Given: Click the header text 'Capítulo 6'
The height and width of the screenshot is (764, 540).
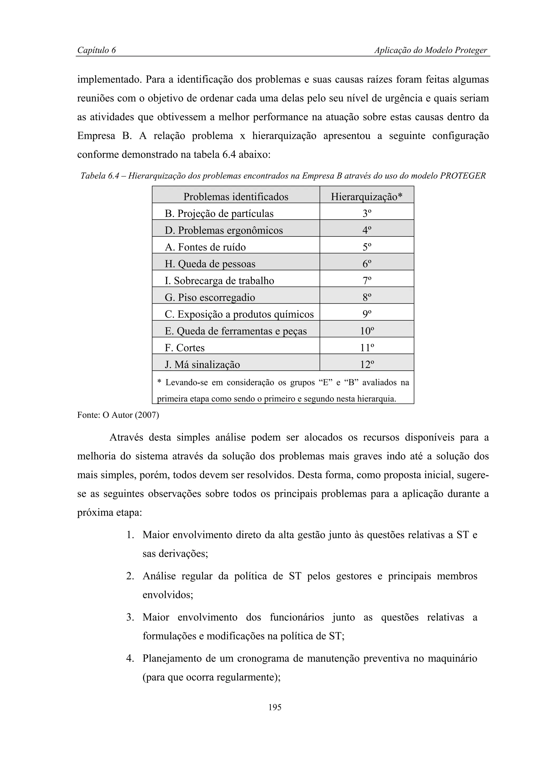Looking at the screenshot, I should coord(97,50).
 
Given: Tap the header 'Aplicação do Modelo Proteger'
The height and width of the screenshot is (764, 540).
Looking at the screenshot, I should coord(431,50).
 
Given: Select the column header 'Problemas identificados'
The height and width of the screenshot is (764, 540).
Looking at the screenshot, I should coord(236,197).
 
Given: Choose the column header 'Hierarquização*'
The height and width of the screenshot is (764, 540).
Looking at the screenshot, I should coord(367,197).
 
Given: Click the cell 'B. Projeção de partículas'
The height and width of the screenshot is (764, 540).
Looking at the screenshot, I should coord(219,213).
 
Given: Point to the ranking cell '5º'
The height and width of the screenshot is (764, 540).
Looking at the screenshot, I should coord(367,247).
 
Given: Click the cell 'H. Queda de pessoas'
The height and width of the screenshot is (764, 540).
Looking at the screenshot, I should coord(210,264).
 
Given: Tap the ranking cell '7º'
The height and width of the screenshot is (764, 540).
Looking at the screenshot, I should coord(367,281).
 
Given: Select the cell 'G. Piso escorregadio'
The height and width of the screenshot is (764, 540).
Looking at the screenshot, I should coord(210,297).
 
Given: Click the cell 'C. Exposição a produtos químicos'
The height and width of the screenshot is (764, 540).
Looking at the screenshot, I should coord(239,314).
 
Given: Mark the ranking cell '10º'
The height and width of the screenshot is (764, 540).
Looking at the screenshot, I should coord(367,331).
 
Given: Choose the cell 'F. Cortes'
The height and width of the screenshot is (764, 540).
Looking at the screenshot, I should coord(185,348).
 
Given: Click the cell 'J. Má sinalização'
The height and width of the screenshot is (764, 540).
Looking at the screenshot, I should coord(202,364).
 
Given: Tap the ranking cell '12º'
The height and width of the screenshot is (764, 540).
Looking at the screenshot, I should coord(367,364).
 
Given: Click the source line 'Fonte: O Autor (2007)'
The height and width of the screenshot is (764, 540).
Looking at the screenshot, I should coord(118,415).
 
